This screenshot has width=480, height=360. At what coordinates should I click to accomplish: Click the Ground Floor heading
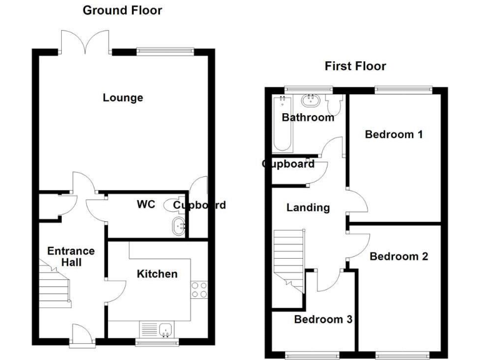click(x=122, y=10)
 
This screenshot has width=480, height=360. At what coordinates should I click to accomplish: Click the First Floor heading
click(x=354, y=66)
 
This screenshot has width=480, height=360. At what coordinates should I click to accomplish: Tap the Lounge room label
click(x=122, y=97)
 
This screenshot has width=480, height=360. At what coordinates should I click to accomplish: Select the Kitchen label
click(x=157, y=274)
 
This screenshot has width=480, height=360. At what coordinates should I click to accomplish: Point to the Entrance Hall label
click(x=71, y=256)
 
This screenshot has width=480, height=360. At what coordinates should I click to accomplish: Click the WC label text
click(x=146, y=204)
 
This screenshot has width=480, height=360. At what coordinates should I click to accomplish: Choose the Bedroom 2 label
click(x=399, y=256)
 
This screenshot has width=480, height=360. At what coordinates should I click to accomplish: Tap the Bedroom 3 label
click(x=323, y=319)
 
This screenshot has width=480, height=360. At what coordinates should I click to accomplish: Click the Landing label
click(x=307, y=207)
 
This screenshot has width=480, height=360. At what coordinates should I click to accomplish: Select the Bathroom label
click(x=307, y=117)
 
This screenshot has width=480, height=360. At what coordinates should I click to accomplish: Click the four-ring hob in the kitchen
click(x=199, y=290)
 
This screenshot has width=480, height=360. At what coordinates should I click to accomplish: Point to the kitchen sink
click(x=166, y=329)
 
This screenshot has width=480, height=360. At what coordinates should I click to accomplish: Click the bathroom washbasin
click(x=310, y=100)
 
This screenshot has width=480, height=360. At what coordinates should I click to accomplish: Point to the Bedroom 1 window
click(x=403, y=89)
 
